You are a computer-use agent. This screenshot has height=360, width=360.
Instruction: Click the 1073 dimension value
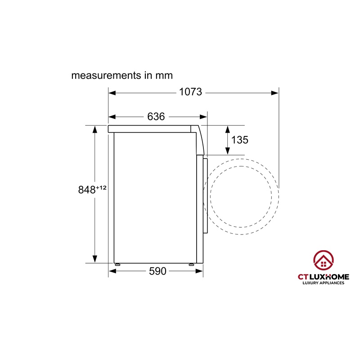(x=190, y=92)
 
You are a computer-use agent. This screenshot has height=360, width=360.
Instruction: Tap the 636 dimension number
(x=156, y=117)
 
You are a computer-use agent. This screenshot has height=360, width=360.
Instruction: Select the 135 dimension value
(x=239, y=140)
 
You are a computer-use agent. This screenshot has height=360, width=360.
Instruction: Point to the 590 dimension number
(x=157, y=271)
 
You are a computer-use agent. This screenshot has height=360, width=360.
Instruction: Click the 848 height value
(x=87, y=190)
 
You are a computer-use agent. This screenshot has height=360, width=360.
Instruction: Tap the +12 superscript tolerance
(x=101, y=188)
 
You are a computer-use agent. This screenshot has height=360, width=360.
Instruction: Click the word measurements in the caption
(x=106, y=76)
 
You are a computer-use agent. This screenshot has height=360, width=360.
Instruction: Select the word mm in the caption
(x=164, y=76)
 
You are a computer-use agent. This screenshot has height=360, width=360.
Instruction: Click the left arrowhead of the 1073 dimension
(x=112, y=93)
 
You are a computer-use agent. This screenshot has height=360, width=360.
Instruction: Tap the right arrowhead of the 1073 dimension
(x=275, y=93)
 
